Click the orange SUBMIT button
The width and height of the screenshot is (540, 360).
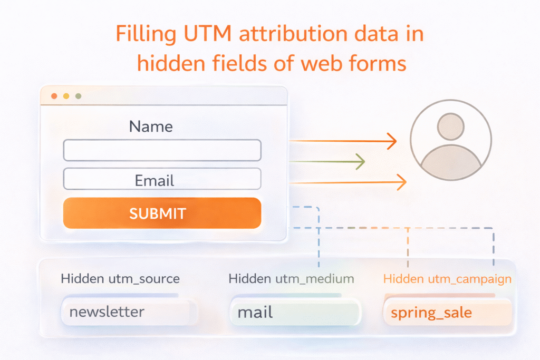[162, 213]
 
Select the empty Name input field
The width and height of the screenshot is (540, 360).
[162, 150]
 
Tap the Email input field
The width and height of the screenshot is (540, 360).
[162, 179]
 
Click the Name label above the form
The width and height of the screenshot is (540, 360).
[151, 127]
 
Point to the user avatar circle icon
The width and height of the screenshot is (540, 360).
[451, 140]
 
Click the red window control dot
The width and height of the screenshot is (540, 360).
[54, 96]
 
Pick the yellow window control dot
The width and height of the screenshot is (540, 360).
[66, 96]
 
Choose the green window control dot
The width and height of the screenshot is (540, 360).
[78, 96]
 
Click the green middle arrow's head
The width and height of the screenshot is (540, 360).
[360, 162]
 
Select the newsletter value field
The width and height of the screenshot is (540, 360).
[129, 312]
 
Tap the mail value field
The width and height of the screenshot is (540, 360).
[295, 312]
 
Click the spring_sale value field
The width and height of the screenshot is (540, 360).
[447, 313]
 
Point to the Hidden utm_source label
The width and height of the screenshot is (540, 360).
[120, 279]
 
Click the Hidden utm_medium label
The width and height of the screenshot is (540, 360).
[291, 279]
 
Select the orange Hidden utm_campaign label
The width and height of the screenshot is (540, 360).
[447, 279]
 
